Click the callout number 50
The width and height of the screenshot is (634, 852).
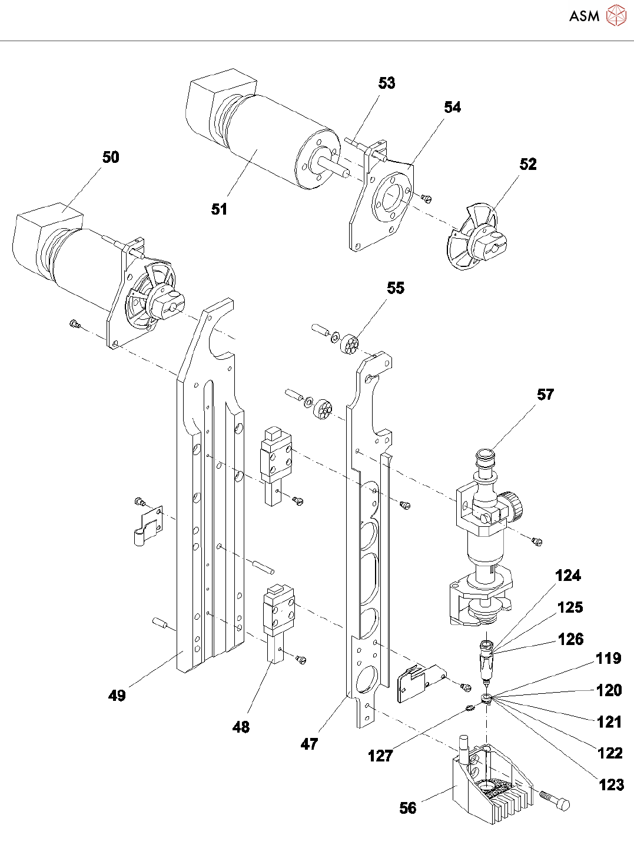click(x=111, y=157)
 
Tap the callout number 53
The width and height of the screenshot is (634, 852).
click(x=387, y=83)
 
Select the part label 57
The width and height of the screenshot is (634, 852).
click(x=545, y=395)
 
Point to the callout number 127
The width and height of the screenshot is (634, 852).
click(x=380, y=756)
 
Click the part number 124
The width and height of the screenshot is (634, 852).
click(x=568, y=576)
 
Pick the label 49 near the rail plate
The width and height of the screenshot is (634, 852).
click(x=117, y=695)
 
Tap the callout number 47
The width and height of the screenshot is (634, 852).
click(x=309, y=744)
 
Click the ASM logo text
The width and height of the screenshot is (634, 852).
click(x=584, y=16)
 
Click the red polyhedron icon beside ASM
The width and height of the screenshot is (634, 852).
click(x=616, y=15)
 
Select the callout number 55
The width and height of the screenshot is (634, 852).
click(x=396, y=288)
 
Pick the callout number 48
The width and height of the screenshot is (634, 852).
click(x=241, y=727)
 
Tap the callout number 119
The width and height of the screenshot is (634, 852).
click(x=609, y=659)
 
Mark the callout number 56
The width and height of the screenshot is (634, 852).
click(x=408, y=808)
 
